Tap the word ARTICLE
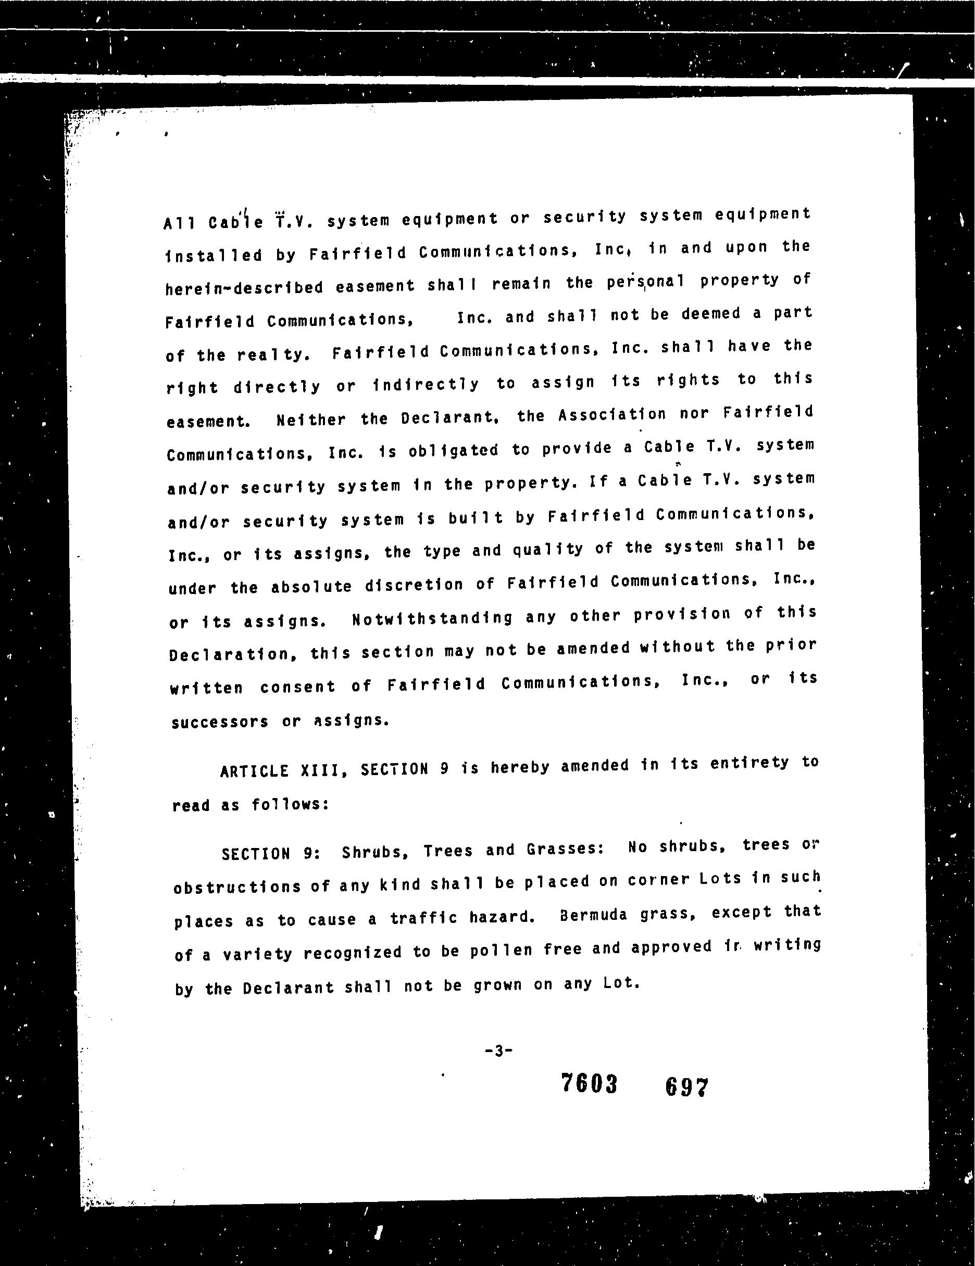(254, 771)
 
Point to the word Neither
(311, 420)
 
